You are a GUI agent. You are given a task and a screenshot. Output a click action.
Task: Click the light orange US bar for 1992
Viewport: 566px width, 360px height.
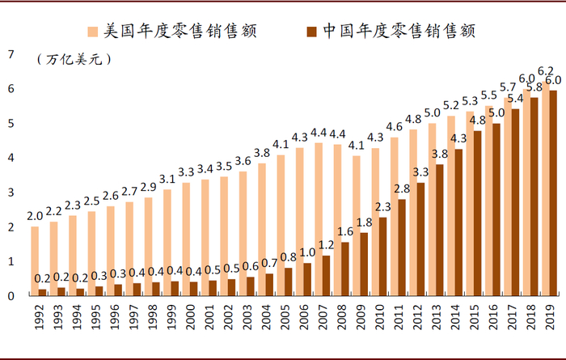(x=34, y=261)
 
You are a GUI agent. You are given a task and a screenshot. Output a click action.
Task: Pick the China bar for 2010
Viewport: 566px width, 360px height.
(x=383, y=256)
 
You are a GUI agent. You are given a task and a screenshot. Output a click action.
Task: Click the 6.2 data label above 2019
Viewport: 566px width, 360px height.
(x=547, y=70)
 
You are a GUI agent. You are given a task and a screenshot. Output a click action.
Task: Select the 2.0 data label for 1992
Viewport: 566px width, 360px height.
(x=35, y=216)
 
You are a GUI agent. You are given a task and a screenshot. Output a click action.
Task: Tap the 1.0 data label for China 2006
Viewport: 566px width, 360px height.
(x=307, y=252)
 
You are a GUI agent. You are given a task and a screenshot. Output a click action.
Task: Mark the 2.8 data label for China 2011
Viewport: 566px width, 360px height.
(x=403, y=188)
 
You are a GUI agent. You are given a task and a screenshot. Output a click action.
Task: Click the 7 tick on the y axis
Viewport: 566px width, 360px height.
(x=11, y=54)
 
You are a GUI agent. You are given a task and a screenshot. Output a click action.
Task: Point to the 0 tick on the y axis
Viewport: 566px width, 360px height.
(x=11, y=296)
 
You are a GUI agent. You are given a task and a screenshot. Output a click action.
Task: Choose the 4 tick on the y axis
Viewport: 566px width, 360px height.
(x=11, y=158)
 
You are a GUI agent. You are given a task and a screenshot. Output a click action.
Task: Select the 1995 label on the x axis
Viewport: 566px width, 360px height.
(x=93, y=316)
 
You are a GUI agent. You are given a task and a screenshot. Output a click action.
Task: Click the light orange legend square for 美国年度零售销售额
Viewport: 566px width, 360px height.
(x=92, y=30)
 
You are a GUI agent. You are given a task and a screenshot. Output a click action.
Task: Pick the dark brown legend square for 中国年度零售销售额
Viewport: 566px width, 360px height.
(x=311, y=30)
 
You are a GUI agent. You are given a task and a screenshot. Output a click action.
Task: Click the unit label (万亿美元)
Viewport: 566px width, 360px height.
(x=74, y=59)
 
